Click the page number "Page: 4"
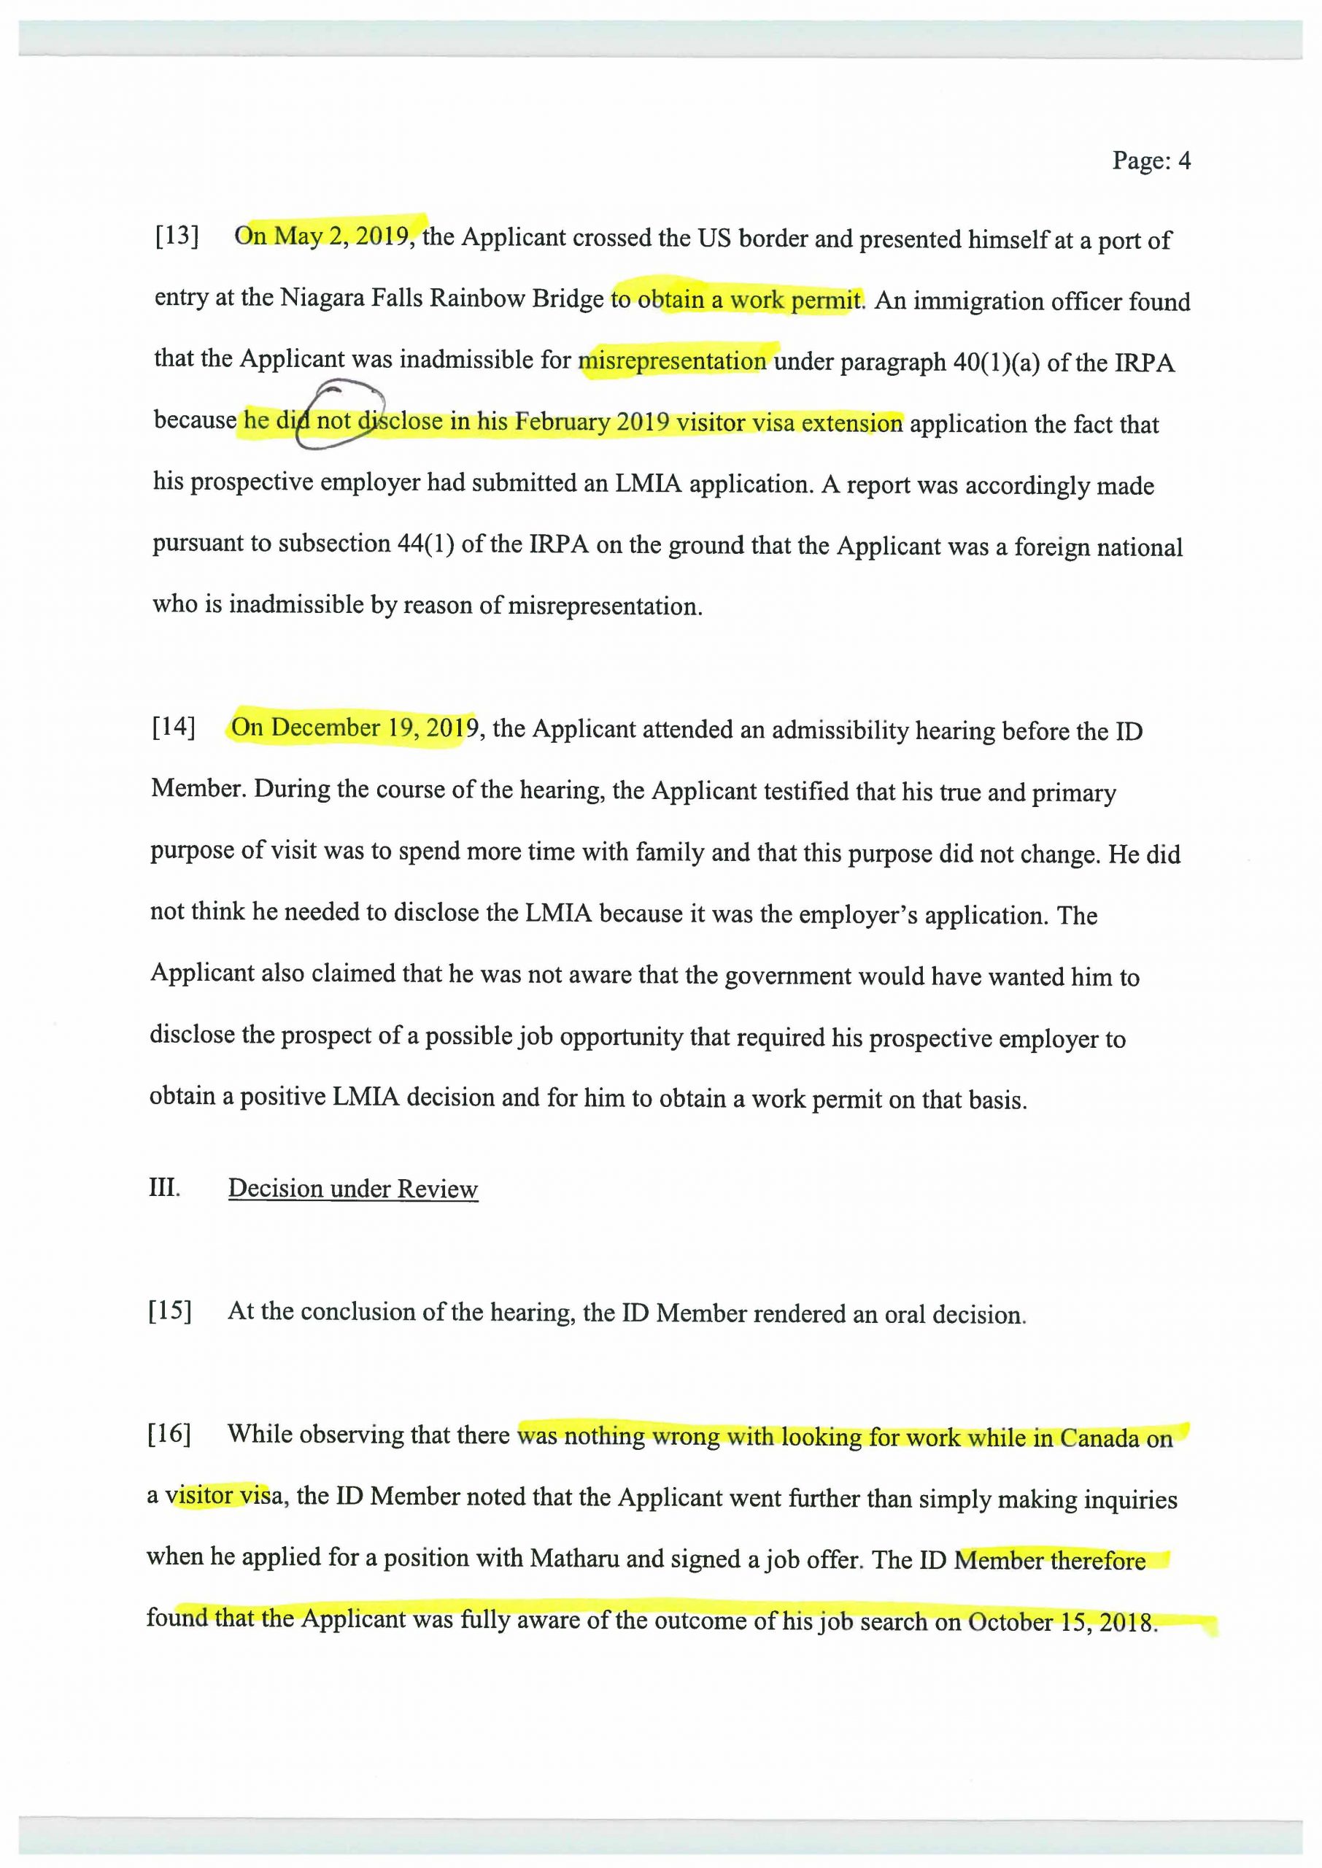[x=1151, y=161]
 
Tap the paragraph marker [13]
[x=177, y=236]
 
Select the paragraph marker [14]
[x=174, y=726]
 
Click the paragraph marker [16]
[x=169, y=1433]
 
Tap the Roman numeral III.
[x=163, y=1186]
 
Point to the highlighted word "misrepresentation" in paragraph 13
[x=673, y=360]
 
